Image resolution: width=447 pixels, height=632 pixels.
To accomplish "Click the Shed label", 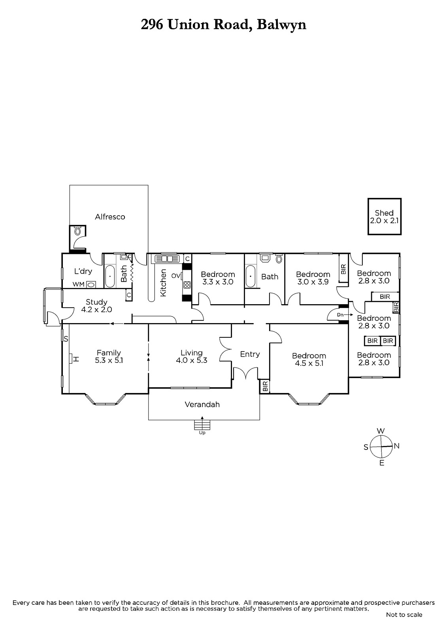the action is click(x=384, y=213).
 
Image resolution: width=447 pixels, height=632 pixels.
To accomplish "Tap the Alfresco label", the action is click(x=110, y=217).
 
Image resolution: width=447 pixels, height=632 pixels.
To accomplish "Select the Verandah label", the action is click(x=202, y=404).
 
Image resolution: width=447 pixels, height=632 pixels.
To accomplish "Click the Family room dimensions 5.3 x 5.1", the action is click(x=109, y=360).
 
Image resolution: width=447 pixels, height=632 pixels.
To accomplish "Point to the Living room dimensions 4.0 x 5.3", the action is click(x=191, y=360).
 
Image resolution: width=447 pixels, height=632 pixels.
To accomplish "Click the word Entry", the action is click(x=250, y=354).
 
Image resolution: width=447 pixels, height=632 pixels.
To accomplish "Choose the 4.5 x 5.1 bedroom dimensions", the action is click(x=309, y=363).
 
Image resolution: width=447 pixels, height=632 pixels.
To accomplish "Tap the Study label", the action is click(x=96, y=302).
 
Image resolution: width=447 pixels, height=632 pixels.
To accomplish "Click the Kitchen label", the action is click(x=163, y=283).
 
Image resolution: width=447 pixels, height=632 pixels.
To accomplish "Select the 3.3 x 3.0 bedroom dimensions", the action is click(x=218, y=282).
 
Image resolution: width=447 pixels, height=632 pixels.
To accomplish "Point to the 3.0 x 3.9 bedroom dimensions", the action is click(x=313, y=282).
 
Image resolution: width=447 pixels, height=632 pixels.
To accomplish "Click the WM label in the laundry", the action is click(x=79, y=284).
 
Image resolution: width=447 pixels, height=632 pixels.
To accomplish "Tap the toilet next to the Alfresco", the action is click(x=77, y=231).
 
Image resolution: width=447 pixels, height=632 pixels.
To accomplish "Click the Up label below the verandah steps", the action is click(x=202, y=433).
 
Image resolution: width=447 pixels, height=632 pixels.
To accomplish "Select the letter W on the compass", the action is click(x=381, y=431).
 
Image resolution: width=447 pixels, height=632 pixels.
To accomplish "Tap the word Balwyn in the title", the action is click(x=281, y=25).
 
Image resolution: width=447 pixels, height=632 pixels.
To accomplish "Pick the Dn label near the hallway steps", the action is click(x=340, y=314).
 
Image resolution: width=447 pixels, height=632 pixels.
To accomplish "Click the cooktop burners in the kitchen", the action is click(x=187, y=284).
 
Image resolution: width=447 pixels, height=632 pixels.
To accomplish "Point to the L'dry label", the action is click(x=83, y=271).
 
